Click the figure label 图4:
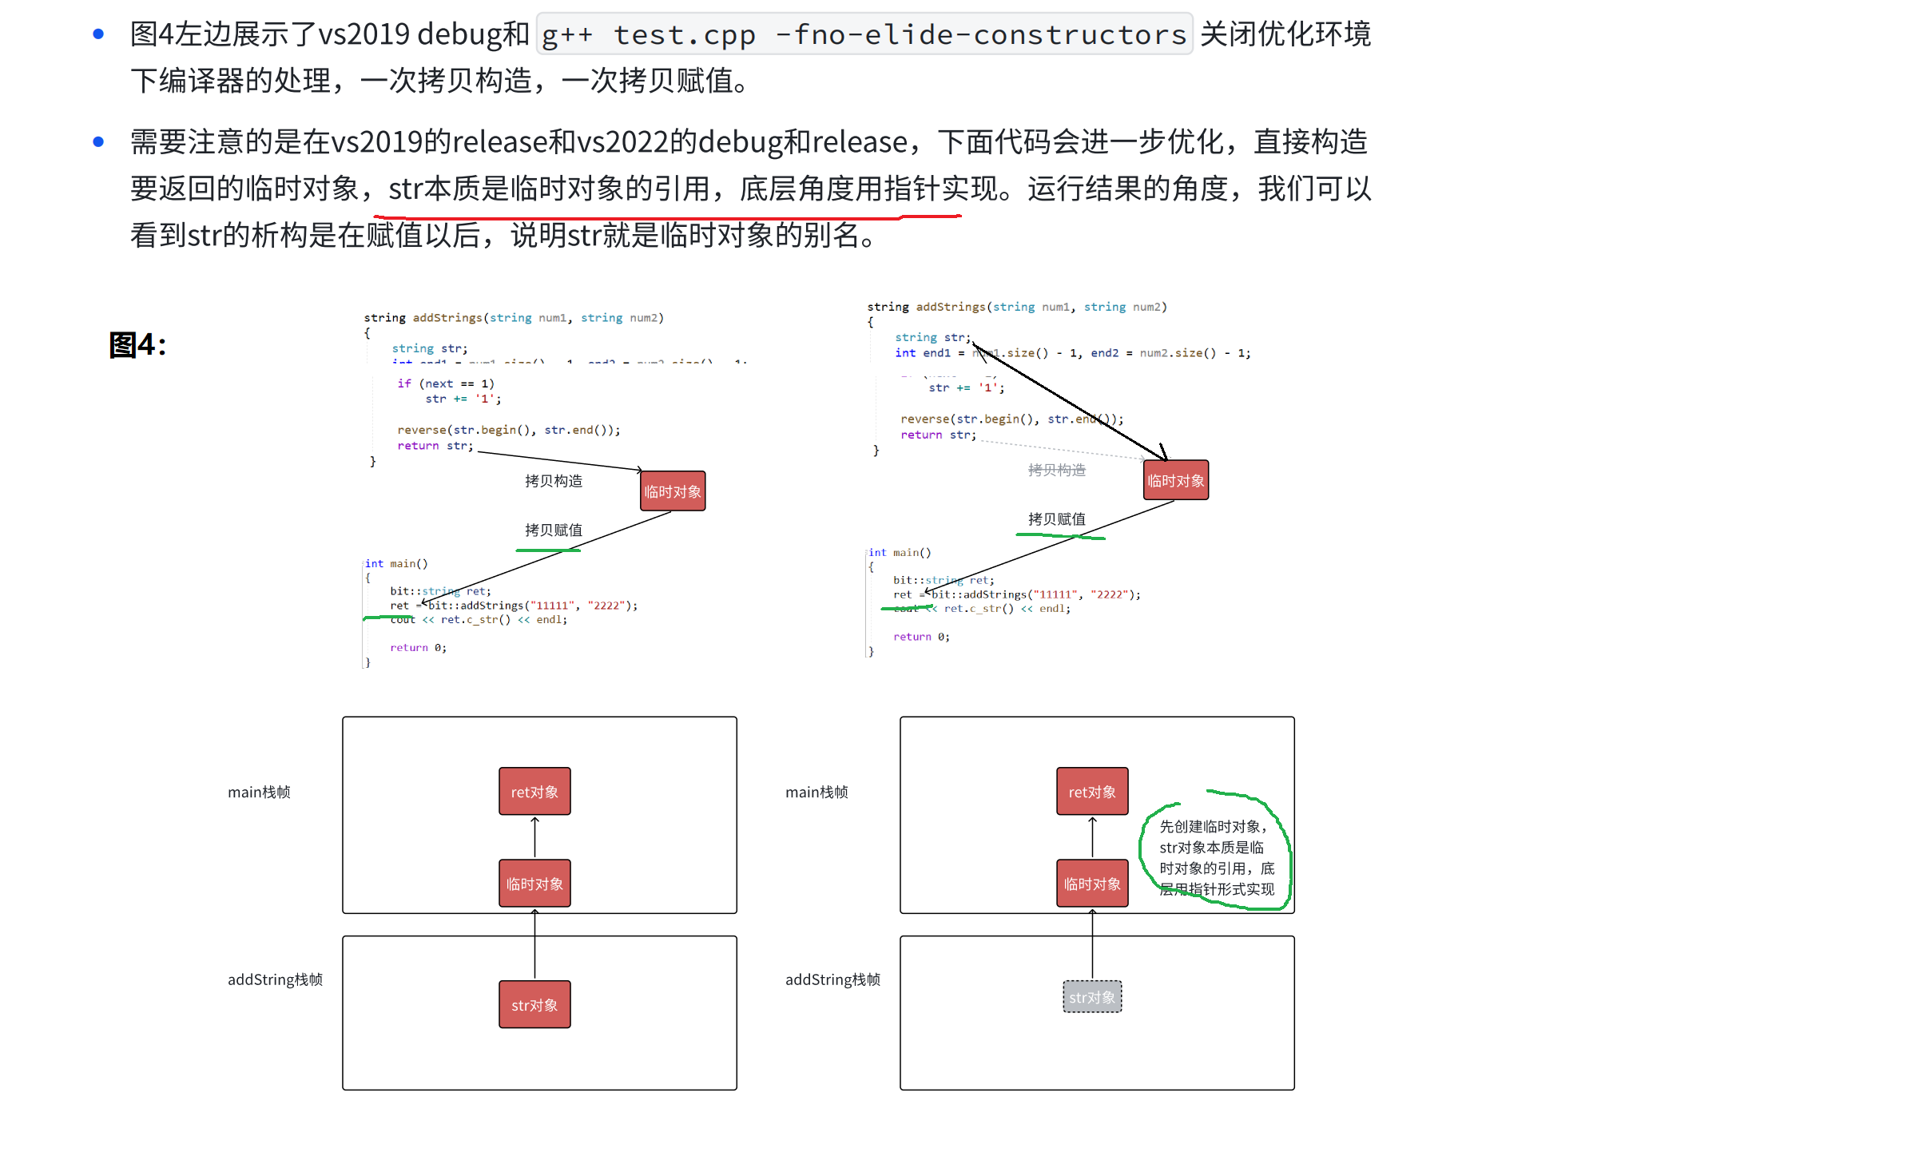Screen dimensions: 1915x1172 pyautogui.click(x=137, y=345)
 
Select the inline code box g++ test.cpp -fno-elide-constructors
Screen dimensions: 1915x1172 pyautogui.click(x=864, y=34)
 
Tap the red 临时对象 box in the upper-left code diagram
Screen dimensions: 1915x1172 pyautogui.click(x=673, y=491)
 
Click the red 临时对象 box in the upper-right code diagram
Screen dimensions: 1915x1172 pyautogui.click(x=1175, y=480)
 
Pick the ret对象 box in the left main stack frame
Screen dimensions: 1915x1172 pyautogui.click(x=534, y=792)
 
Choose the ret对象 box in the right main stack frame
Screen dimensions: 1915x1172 pyautogui.click(x=1092, y=792)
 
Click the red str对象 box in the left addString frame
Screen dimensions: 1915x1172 pyautogui.click(x=534, y=1004)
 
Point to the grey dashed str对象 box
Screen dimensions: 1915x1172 pyautogui.click(x=1092, y=997)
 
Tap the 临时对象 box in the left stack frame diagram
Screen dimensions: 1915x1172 pyautogui.click(x=534, y=884)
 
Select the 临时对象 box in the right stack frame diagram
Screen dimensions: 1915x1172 pyautogui.click(x=1092, y=884)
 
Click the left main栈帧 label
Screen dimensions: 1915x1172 pyautogui.click(x=259, y=792)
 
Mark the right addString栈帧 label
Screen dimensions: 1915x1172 pyautogui.click(x=832, y=979)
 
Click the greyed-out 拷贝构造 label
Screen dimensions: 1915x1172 pyautogui.click(x=1056, y=470)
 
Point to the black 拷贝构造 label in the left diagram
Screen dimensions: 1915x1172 pyautogui.click(x=554, y=481)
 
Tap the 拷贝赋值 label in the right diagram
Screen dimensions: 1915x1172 pyautogui.click(x=1056, y=519)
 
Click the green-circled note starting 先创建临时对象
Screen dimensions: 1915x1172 pyautogui.click(x=1216, y=857)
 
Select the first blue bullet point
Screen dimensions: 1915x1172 pyautogui.click(x=98, y=34)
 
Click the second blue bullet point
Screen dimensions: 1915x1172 pyautogui.click(x=98, y=142)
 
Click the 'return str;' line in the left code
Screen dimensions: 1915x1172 pyautogui.click(x=435, y=446)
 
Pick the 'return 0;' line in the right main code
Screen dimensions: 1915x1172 pyautogui.click(x=921, y=637)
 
